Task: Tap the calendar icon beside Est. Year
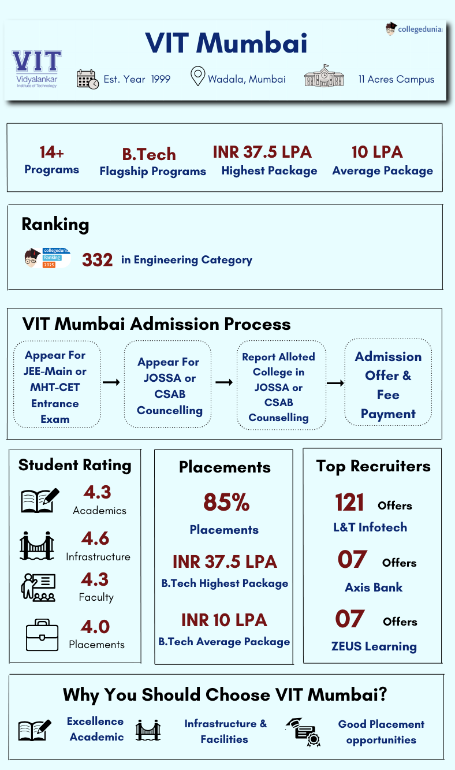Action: click(x=87, y=79)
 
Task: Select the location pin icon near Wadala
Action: click(x=198, y=76)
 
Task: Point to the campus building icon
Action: click(x=323, y=76)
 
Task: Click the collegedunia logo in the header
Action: click(x=414, y=29)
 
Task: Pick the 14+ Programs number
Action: click(x=51, y=152)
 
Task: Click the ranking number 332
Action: click(x=97, y=260)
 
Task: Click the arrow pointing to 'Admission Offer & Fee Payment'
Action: click(x=335, y=383)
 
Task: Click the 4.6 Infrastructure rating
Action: click(x=95, y=538)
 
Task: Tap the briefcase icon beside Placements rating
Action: click(x=42, y=635)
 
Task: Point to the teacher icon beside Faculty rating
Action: click(x=38, y=587)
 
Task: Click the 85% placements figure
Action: click(x=226, y=503)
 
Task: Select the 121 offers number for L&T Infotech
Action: click(x=349, y=503)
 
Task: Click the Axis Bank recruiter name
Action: click(x=374, y=587)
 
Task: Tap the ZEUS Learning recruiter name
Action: click(x=374, y=646)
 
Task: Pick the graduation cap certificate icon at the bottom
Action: click(x=304, y=732)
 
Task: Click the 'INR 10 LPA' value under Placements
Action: click(x=224, y=620)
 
